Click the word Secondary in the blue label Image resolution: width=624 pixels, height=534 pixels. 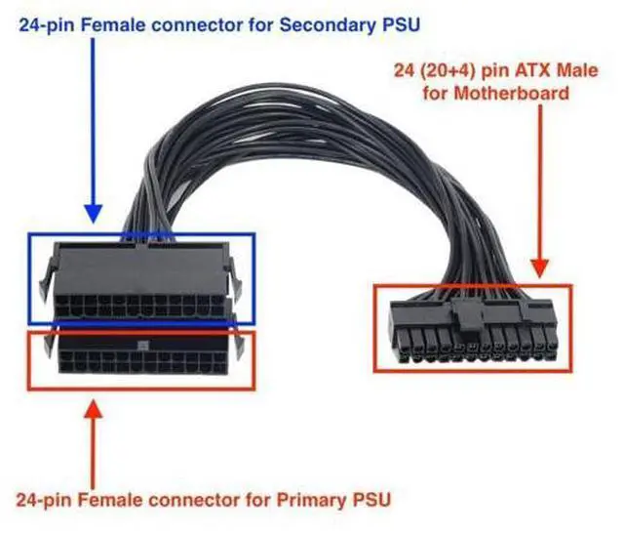[x=328, y=25]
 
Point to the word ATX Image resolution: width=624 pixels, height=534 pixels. [x=533, y=70]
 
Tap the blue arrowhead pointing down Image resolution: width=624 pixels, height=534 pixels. [x=94, y=213]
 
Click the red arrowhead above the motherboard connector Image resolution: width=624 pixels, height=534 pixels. [x=540, y=267]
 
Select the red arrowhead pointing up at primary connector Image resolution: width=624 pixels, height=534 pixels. [x=94, y=409]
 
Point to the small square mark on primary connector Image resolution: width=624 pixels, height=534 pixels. [x=142, y=346]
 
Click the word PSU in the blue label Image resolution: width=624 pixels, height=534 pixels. [x=401, y=24]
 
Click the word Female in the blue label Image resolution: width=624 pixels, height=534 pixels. [x=113, y=25]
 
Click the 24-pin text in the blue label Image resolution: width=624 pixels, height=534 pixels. [x=48, y=25]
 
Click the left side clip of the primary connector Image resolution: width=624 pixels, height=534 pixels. [x=49, y=343]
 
